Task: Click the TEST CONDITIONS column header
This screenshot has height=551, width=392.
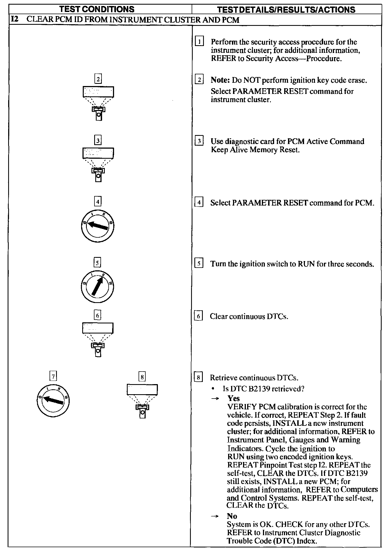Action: (x=97, y=9)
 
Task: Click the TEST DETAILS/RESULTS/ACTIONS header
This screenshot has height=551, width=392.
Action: (x=286, y=10)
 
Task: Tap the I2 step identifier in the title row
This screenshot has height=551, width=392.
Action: (x=14, y=20)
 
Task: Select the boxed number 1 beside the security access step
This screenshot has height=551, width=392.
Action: (x=200, y=42)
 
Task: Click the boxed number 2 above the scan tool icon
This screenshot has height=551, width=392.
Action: (x=98, y=79)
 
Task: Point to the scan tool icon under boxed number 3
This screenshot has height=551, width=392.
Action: (x=98, y=164)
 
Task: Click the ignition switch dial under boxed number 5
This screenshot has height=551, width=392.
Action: (x=97, y=287)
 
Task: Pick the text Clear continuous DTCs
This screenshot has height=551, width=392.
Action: (x=249, y=316)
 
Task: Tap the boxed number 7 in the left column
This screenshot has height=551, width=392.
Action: (x=53, y=376)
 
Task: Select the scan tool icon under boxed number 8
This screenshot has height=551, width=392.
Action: (x=142, y=401)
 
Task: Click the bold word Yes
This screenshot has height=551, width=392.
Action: (x=234, y=399)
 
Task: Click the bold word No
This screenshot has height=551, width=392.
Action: (x=232, y=516)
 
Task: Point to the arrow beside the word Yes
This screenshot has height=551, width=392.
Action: (x=215, y=399)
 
